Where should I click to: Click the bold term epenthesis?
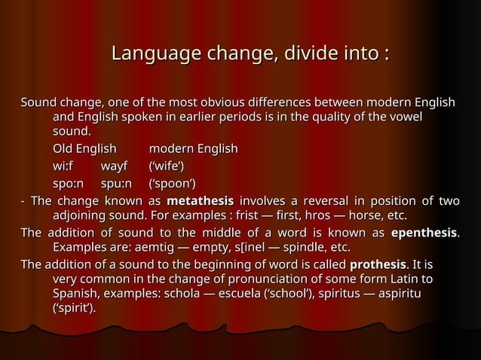pos(424,233)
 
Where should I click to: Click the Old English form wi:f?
pos(63,166)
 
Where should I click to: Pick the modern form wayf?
pos(115,166)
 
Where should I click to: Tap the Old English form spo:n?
pos(68,183)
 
